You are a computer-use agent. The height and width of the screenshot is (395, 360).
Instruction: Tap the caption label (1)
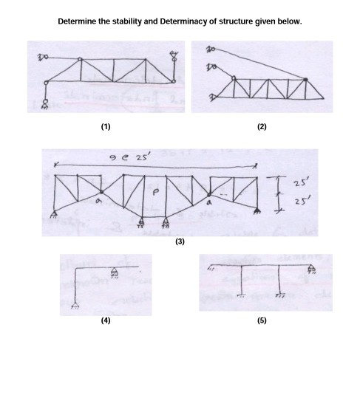tap(106, 127)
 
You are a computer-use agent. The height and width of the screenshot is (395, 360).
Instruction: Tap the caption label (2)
tap(261, 127)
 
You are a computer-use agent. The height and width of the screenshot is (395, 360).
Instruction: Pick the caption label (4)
tap(106, 322)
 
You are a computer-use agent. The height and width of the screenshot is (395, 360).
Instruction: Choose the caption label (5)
tap(261, 322)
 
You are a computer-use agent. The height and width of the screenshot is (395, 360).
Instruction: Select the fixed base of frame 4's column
tap(75, 305)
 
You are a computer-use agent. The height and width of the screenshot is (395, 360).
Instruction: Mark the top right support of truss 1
tap(174, 54)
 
